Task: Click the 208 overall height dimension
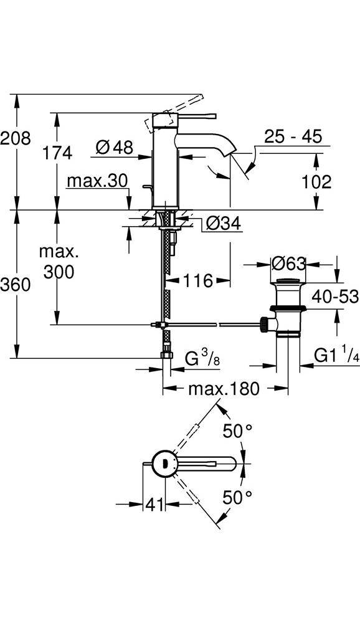click(x=16, y=138)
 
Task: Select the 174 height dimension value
click(x=59, y=152)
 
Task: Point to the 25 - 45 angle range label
click(x=293, y=136)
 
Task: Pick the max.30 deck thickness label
click(x=97, y=181)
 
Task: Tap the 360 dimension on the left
click(x=16, y=285)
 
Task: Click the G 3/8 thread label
click(x=202, y=358)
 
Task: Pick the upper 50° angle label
click(x=237, y=430)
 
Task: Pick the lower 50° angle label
click(x=237, y=497)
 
